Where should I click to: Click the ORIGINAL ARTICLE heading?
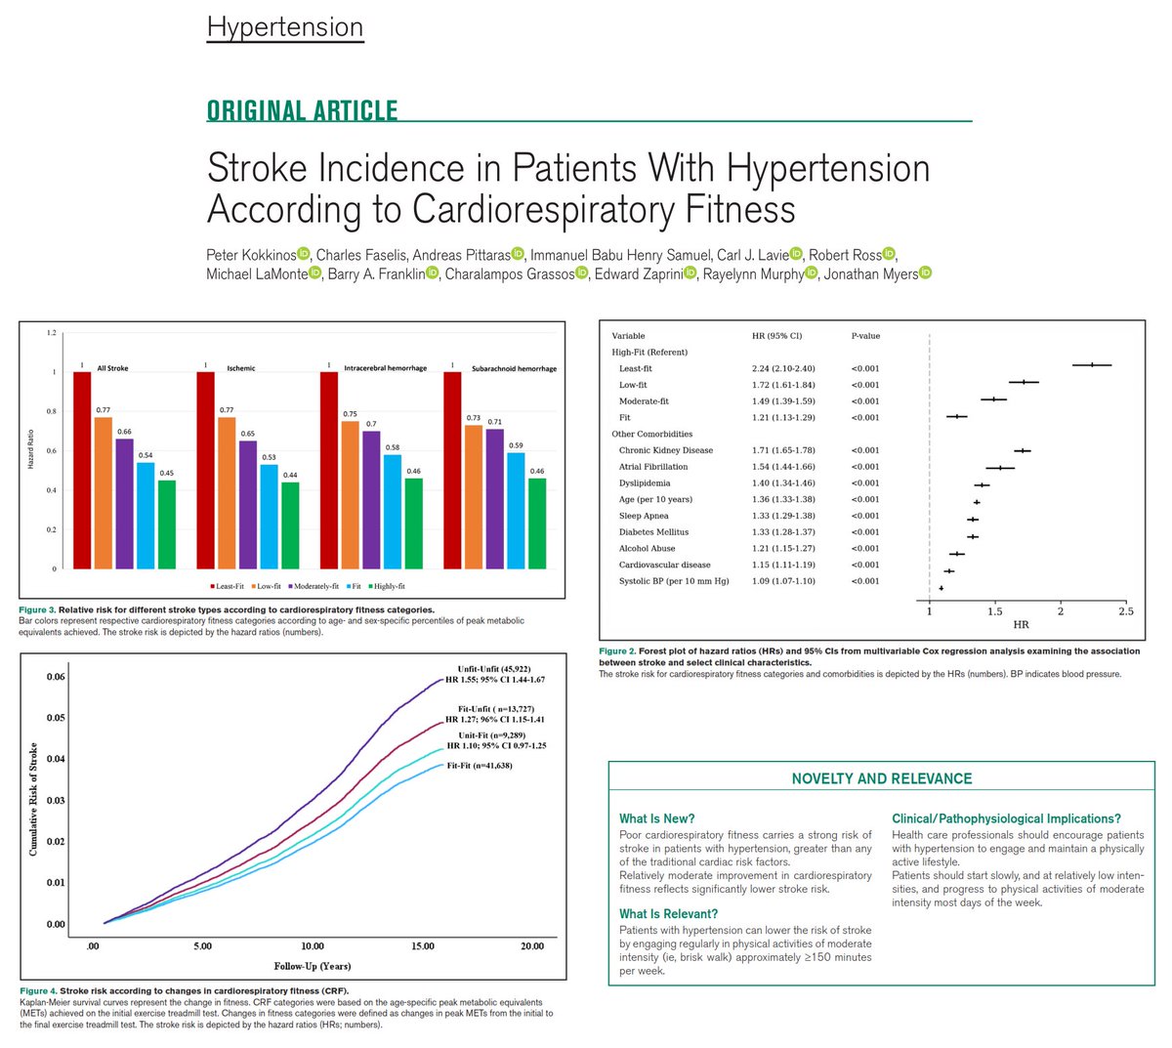tap(302, 110)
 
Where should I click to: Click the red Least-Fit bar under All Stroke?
tap(82, 469)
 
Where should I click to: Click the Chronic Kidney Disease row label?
tap(665, 450)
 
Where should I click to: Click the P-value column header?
tap(865, 336)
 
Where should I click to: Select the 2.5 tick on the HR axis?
tap(1126, 611)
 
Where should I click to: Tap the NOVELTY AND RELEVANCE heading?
tap(881, 778)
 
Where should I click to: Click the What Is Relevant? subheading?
tap(668, 914)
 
